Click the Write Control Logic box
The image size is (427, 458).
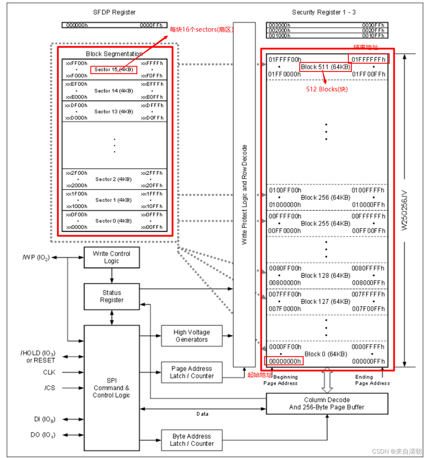(112, 258)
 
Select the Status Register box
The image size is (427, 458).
(112, 296)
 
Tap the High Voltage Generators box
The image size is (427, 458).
(191, 336)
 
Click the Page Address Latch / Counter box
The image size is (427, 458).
(191, 372)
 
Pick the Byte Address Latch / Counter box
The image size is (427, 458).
(191, 440)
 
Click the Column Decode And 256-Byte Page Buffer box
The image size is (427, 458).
(327, 404)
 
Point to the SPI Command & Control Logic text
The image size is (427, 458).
(111, 388)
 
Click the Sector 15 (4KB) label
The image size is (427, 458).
(113, 69)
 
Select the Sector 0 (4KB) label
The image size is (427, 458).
(114, 221)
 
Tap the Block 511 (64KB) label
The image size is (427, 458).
(326, 67)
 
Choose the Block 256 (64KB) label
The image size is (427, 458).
(326, 198)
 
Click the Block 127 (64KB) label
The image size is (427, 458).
(326, 301)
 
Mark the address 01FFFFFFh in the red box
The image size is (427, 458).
(368, 59)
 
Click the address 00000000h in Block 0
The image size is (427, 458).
(285, 361)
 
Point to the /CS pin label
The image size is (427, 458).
(49, 388)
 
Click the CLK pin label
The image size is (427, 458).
(49, 372)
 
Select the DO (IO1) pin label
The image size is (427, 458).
(43, 435)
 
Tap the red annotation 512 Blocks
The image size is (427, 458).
(327, 89)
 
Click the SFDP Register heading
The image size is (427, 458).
(114, 12)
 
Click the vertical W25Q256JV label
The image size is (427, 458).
(404, 210)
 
